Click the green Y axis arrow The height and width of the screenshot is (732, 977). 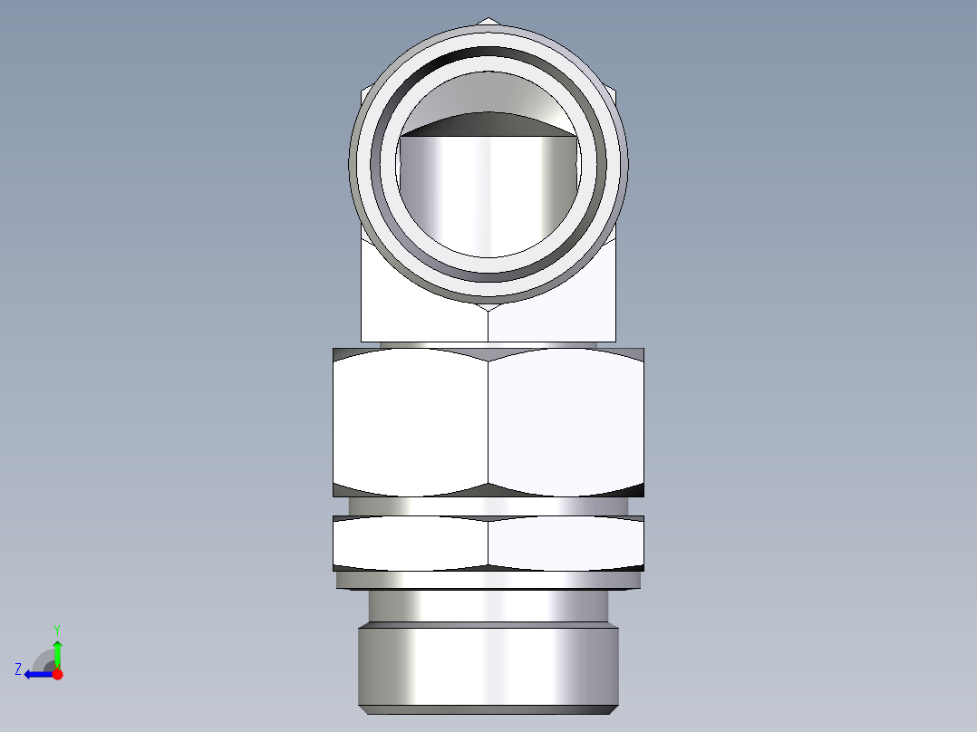(x=57, y=652)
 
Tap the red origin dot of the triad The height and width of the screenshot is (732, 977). (x=57, y=674)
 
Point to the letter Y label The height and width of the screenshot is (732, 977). (x=57, y=629)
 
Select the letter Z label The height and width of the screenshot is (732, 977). (x=18, y=669)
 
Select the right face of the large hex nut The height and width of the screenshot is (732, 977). (x=566, y=421)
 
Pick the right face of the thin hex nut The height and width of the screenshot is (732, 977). (x=566, y=543)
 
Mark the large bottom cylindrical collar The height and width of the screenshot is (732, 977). (x=488, y=667)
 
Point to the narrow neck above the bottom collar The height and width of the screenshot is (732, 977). (x=488, y=605)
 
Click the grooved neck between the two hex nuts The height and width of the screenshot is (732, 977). (x=488, y=505)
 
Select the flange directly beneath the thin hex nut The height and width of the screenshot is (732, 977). (x=488, y=580)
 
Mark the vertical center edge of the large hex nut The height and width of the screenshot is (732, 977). (x=488, y=421)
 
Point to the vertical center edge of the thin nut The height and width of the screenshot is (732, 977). (x=488, y=543)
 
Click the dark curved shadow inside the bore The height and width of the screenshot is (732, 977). (x=489, y=122)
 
